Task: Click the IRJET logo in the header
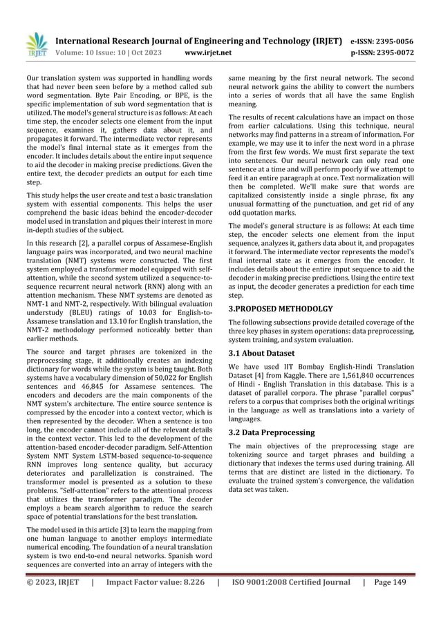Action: click(x=32, y=44)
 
